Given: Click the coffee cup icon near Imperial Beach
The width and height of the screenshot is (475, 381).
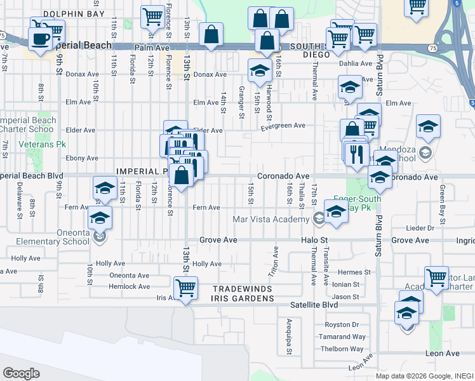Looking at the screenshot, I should click(x=41, y=39).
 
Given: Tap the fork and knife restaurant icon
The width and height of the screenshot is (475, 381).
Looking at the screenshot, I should click(x=357, y=152).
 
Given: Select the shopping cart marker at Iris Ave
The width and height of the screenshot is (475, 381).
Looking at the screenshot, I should click(x=185, y=288).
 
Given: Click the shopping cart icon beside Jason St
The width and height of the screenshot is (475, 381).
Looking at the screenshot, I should click(x=436, y=277).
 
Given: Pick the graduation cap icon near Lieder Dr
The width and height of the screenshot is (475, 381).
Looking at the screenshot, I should click(x=336, y=212).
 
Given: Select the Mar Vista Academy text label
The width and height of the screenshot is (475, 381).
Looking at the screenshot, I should click(x=271, y=219).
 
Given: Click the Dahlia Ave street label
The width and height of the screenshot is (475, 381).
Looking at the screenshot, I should click(x=357, y=63).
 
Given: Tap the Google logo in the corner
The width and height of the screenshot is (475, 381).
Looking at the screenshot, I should click(x=21, y=373).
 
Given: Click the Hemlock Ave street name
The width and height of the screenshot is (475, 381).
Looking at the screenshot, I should click(x=129, y=286).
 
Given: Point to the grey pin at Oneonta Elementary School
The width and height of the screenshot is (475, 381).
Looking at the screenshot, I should click(x=98, y=237).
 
